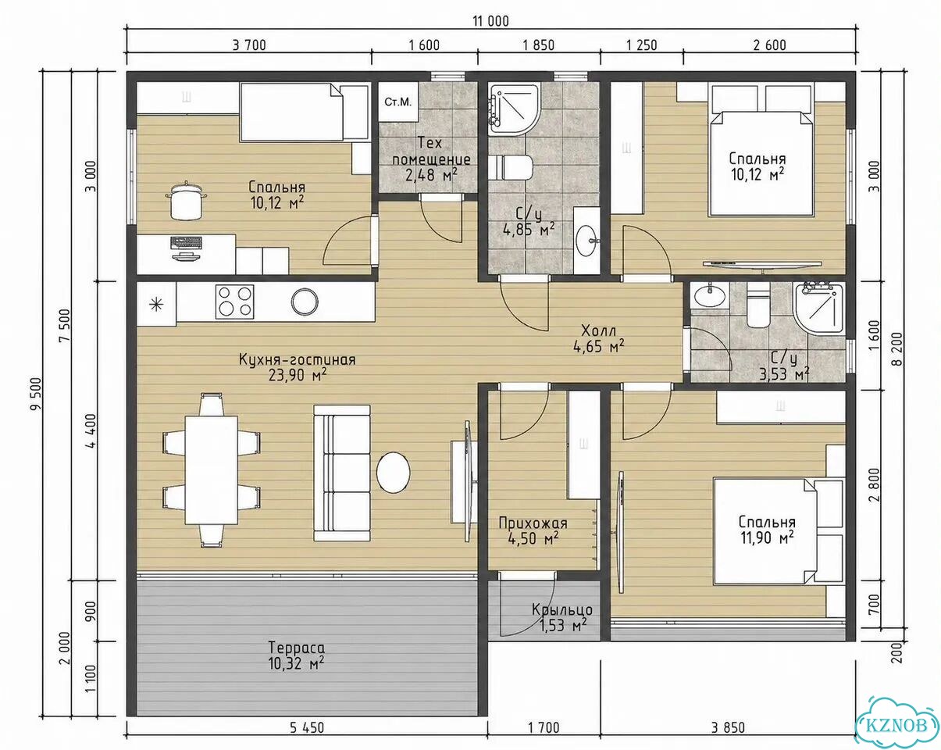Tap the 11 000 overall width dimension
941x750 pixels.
tap(490, 21)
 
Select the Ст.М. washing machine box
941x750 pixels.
tap(397, 102)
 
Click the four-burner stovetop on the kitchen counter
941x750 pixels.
tap(235, 302)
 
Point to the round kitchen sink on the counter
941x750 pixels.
tap(305, 302)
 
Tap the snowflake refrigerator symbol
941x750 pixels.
tap(156, 303)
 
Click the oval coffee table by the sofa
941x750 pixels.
tap(394, 472)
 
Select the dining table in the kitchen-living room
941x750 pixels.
tap(212, 470)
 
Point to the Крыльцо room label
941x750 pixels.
tap(562, 609)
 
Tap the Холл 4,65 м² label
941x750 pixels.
tap(599, 337)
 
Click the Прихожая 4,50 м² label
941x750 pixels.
tap(533, 530)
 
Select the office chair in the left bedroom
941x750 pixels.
tap(186, 202)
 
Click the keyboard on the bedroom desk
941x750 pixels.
tap(187, 241)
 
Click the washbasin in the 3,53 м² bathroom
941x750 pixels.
tap(710, 295)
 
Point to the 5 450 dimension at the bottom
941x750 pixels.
tap(307, 728)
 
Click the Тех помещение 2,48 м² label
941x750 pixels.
tap(431, 159)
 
